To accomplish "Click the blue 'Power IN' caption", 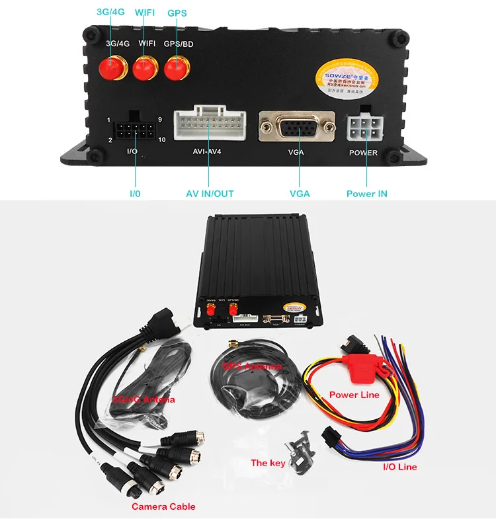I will point(367,194).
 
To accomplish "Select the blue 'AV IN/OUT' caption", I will point(210,194).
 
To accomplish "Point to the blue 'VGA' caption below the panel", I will point(300,194).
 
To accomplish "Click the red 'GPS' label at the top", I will point(177,13).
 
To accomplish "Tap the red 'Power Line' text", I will point(354,395).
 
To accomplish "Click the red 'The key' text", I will point(268,463).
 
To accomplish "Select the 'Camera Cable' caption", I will point(163,507).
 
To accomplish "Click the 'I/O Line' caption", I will point(400,467).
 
